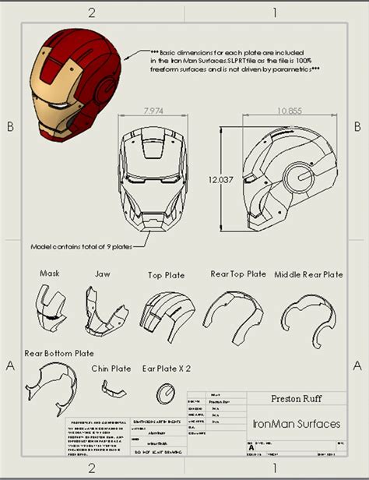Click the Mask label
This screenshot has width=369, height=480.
click(x=50, y=274)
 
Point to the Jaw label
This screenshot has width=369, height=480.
click(x=102, y=274)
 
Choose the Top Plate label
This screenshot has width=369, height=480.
click(x=166, y=275)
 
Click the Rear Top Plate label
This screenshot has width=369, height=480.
click(x=238, y=274)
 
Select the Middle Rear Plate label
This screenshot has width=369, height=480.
click(x=308, y=274)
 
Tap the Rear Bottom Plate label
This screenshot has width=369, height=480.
click(x=59, y=353)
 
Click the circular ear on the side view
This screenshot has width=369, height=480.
click(x=297, y=177)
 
